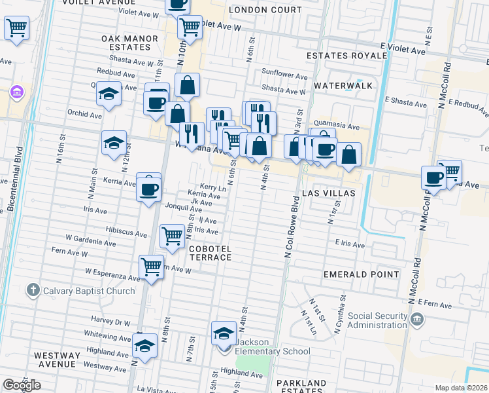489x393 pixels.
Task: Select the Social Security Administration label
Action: (x=378, y=321)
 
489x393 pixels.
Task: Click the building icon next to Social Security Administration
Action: (x=417, y=320)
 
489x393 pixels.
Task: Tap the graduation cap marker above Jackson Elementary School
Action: (x=224, y=333)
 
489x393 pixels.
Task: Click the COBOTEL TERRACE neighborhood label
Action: (x=210, y=253)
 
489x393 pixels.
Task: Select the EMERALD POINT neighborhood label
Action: (x=361, y=274)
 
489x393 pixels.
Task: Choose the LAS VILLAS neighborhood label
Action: (x=328, y=194)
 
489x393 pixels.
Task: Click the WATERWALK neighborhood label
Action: (x=343, y=86)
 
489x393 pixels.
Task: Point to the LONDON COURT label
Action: (x=265, y=10)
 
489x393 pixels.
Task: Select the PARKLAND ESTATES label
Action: (x=301, y=387)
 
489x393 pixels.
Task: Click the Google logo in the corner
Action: (x=22, y=385)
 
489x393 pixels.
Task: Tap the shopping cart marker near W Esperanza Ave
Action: (x=151, y=267)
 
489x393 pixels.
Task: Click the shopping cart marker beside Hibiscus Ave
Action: (x=172, y=235)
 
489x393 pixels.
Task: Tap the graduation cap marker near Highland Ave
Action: (x=144, y=345)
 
